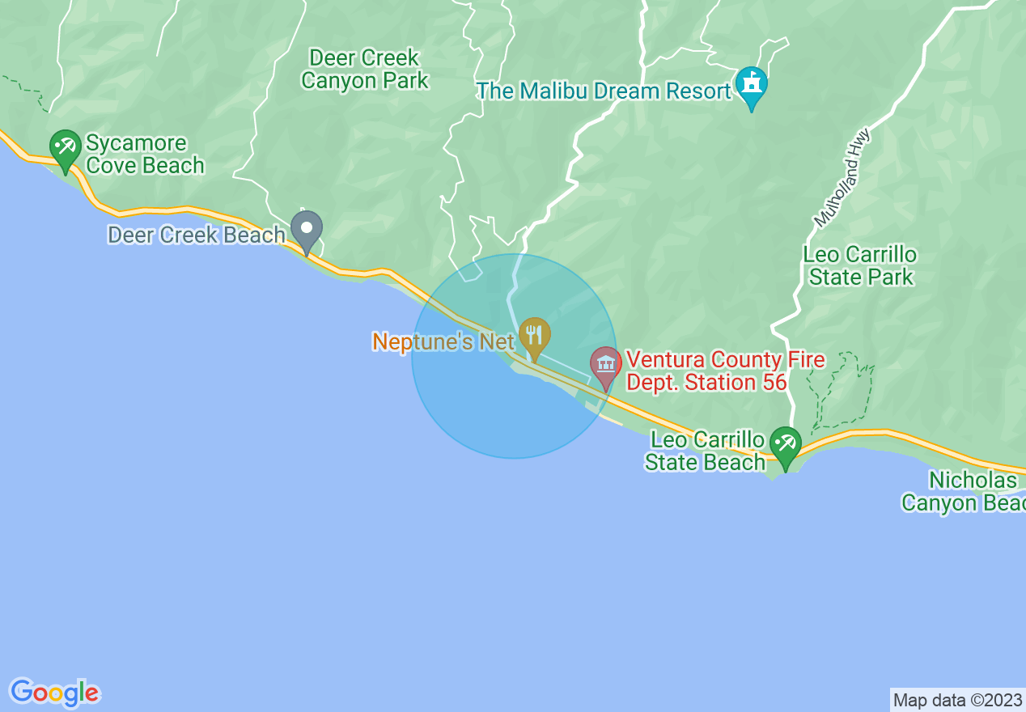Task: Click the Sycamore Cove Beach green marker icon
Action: (x=65, y=146)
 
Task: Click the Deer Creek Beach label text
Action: (x=197, y=235)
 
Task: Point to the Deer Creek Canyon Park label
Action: (x=365, y=70)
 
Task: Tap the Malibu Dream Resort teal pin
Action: (x=752, y=83)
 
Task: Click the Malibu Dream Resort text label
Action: (x=604, y=91)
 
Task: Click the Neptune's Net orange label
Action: (x=443, y=342)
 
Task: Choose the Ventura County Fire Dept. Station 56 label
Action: (x=725, y=371)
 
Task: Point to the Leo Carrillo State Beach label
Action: (x=706, y=451)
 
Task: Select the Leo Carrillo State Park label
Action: (x=860, y=265)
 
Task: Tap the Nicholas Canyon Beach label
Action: (x=963, y=491)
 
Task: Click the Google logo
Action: (x=54, y=693)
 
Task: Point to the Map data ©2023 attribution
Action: (x=957, y=700)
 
